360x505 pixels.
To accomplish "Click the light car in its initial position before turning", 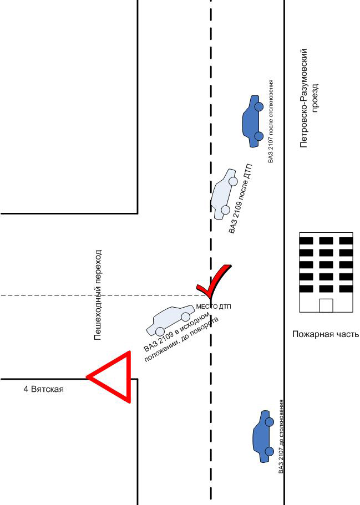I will [169, 320].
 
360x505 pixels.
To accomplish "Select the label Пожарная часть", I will [326, 334].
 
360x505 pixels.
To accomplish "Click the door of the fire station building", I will [326, 305].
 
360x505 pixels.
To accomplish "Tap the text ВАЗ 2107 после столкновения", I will [271, 121].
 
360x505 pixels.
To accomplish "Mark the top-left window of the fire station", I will [306, 240].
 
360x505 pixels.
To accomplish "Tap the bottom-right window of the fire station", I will [346, 288].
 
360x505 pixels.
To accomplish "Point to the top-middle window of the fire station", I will [326, 240].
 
